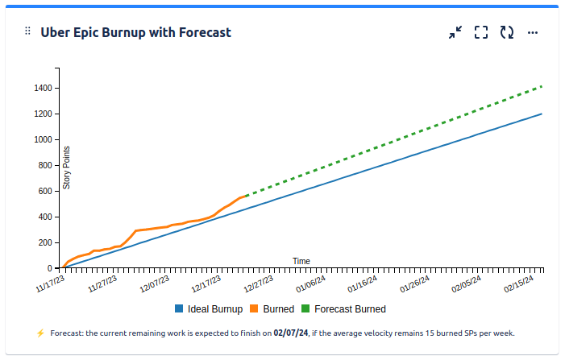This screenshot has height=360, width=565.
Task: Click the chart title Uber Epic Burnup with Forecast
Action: click(x=135, y=32)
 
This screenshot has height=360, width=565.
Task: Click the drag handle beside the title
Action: click(x=27, y=31)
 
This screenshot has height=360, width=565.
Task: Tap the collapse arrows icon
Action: click(x=455, y=32)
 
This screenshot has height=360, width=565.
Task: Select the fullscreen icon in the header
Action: click(x=481, y=32)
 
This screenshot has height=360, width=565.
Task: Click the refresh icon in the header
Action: click(x=507, y=32)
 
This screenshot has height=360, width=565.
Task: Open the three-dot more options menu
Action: click(x=533, y=32)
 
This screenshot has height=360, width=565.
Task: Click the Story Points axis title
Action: click(x=67, y=168)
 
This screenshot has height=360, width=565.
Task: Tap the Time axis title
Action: click(x=301, y=261)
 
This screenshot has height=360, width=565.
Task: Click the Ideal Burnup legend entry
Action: click(x=209, y=308)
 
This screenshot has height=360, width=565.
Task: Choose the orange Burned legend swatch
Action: click(x=255, y=308)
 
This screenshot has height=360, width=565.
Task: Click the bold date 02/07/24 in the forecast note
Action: click(x=291, y=333)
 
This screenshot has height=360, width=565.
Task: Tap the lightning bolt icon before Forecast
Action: click(x=40, y=333)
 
